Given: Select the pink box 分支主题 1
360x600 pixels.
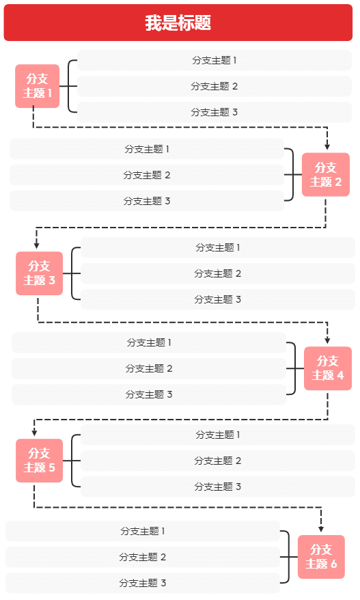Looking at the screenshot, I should tap(38, 86).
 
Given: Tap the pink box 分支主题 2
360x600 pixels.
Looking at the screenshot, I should tap(326, 175).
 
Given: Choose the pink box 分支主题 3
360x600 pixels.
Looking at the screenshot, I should tap(39, 273).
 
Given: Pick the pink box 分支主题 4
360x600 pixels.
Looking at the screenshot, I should tap(328, 368).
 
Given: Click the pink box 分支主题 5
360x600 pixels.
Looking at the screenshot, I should tap(39, 461).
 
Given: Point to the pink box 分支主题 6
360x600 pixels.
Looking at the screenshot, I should tap(321, 557).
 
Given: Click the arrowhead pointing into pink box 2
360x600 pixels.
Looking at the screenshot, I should tap(327, 146).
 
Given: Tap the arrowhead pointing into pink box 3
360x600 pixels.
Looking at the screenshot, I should tap(36, 245).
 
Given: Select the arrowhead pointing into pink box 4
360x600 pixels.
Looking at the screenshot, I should tap(327, 340).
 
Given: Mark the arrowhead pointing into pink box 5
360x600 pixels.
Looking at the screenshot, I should tap(34, 432).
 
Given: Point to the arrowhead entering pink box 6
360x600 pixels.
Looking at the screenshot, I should tap(320, 528).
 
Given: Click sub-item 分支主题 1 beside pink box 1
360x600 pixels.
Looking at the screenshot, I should tap(214, 60).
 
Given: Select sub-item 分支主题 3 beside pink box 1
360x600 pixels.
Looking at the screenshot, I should tap(214, 112).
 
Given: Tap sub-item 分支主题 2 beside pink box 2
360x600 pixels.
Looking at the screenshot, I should tap(147, 175).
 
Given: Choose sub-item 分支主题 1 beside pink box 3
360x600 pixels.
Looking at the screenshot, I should tap(218, 247).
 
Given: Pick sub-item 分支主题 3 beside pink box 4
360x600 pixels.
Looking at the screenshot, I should tap(149, 394).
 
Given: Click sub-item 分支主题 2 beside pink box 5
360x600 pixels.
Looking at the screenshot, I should tap(218, 461).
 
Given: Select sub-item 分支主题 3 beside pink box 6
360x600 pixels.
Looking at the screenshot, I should tap(143, 583).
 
